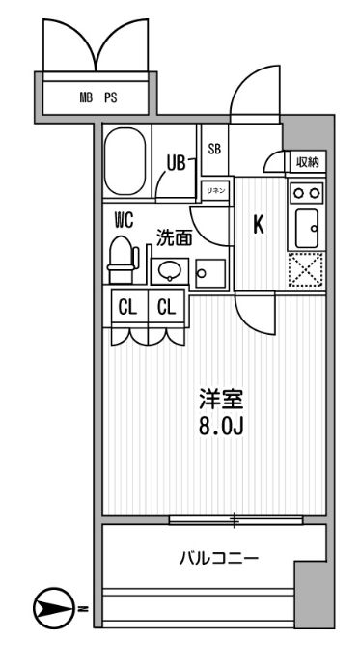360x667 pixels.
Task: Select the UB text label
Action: tap(175, 163)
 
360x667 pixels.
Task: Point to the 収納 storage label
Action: tap(308, 162)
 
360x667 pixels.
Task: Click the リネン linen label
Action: tap(214, 192)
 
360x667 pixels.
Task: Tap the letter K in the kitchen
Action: tap(258, 224)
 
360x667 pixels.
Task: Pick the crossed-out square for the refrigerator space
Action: tap(308, 269)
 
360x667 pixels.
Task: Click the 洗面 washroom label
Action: tap(175, 236)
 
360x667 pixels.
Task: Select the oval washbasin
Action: tap(170, 270)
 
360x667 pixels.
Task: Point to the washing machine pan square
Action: tap(209, 270)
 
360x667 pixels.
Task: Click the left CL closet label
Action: tap(126, 308)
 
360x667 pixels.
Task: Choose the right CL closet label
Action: tap(166, 308)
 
